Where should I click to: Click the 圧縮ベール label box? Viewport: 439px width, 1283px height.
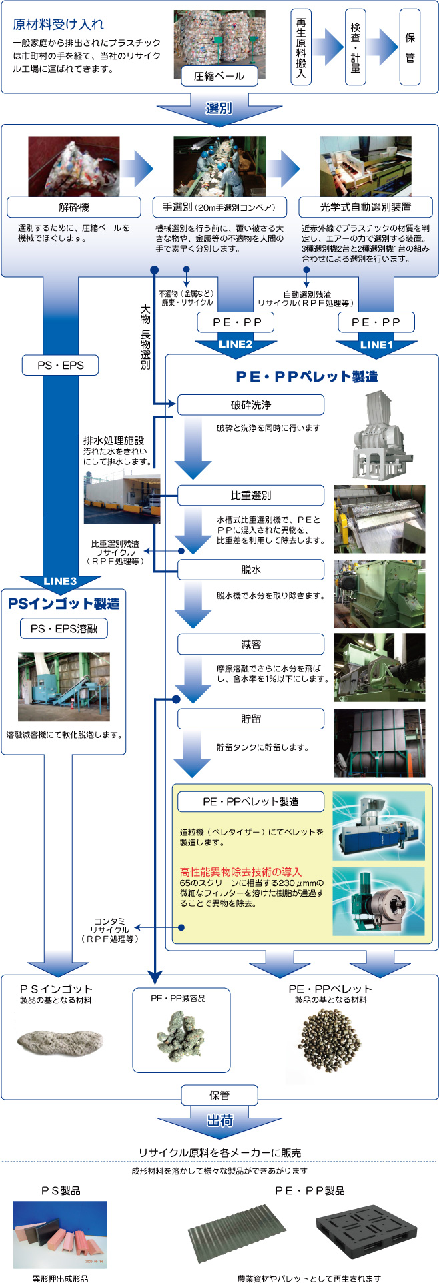click(219, 77)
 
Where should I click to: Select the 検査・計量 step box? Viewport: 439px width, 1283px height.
click(355, 47)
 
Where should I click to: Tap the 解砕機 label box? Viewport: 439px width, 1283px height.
click(73, 207)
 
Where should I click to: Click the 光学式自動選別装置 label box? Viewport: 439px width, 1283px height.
click(366, 207)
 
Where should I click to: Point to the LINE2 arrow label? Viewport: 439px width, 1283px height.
click(236, 344)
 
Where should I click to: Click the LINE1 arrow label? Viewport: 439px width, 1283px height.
click(376, 344)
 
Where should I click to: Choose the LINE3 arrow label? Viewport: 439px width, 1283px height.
click(61, 581)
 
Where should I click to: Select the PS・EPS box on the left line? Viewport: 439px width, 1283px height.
click(61, 365)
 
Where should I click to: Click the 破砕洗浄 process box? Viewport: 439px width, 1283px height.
click(250, 405)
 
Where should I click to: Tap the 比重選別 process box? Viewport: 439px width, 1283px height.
click(250, 496)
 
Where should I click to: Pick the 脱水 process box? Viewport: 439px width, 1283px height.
click(250, 570)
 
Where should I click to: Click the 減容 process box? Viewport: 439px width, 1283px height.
click(250, 645)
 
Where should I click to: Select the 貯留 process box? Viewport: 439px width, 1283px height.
click(250, 719)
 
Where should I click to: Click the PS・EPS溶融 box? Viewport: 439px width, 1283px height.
click(63, 628)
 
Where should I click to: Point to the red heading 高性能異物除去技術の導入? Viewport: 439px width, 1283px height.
click(241, 871)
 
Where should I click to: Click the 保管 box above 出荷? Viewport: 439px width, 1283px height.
click(220, 1095)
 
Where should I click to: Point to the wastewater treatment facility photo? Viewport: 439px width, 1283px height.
click(122, 498)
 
